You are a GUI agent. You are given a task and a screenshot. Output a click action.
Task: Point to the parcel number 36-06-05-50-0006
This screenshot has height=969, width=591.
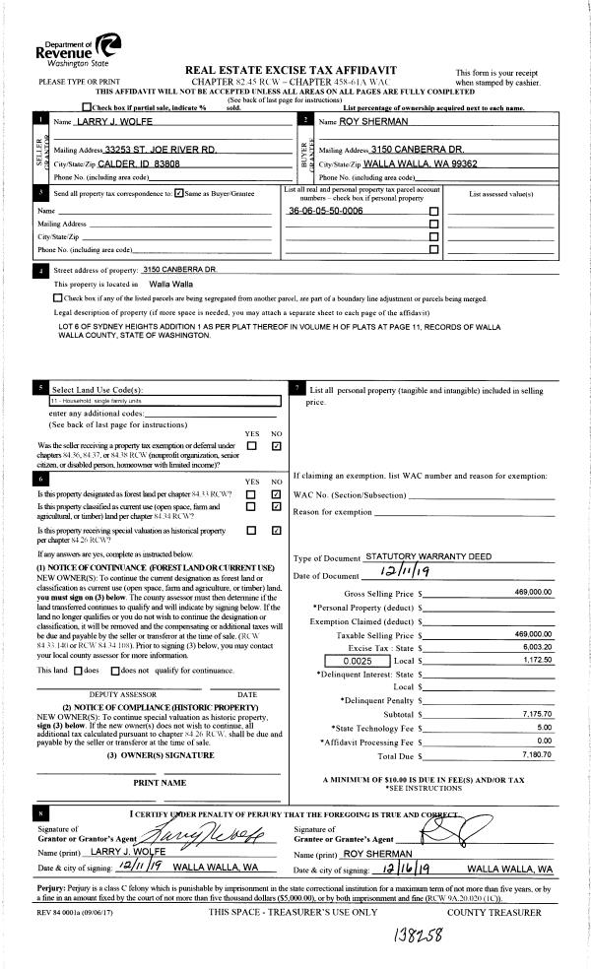pos(325,211)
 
